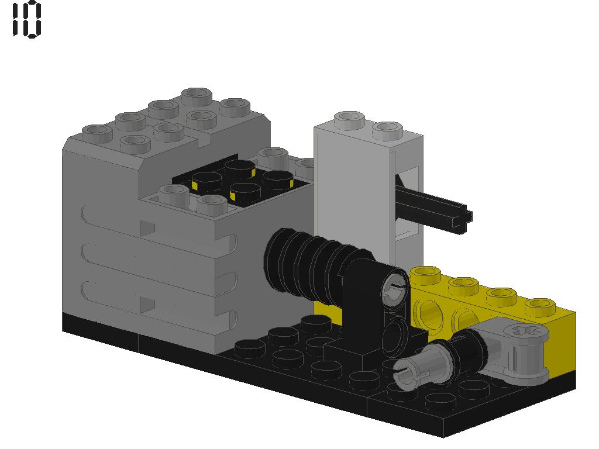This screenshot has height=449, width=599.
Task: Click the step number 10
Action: click(27, 19)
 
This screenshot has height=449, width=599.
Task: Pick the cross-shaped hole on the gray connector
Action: click(530, 331)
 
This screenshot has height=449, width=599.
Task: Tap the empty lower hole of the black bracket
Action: click(395, 333)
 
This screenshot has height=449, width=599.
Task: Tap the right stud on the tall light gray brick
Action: click(387, 129)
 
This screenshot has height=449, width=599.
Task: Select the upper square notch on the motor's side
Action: click(147, 227)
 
